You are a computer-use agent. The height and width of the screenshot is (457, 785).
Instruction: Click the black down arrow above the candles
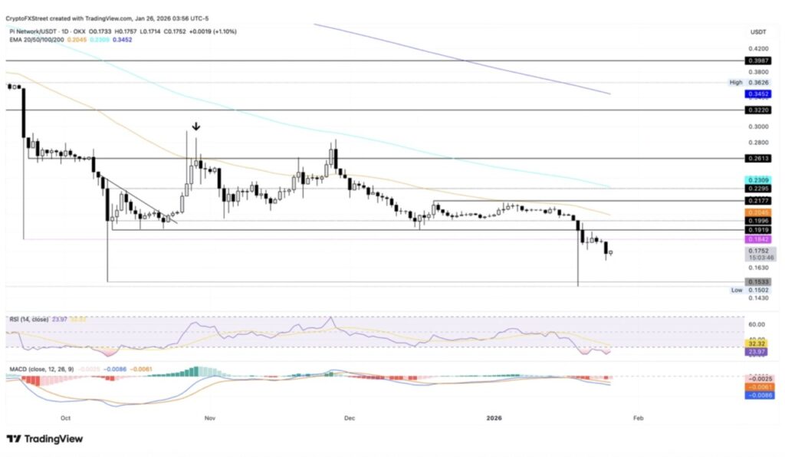(196, 127)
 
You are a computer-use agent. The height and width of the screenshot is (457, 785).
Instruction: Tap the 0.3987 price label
(756, 59)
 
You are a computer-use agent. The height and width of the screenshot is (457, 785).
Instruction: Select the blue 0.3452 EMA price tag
(756, 94)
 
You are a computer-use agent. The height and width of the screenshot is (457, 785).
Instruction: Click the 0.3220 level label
(756, 110)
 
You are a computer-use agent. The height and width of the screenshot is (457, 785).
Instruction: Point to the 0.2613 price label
(756, 158)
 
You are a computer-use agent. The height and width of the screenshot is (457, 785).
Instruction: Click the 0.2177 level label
(756, 199)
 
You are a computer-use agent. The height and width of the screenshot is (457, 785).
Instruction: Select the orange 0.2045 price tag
(756, 211)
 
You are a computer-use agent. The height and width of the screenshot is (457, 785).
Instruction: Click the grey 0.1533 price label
(756, 282)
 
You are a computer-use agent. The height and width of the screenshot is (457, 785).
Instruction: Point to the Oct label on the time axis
(65, 418)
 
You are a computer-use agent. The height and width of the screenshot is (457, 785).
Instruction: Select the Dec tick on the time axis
(350, 418)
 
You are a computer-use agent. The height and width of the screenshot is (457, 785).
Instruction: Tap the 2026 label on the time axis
(494, 418)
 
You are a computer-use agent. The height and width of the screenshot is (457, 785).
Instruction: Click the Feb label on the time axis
(637, 418)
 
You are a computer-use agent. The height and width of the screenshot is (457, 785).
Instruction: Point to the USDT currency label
(758, 31)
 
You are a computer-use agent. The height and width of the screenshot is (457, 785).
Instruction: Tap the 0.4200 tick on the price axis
(757, 47)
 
